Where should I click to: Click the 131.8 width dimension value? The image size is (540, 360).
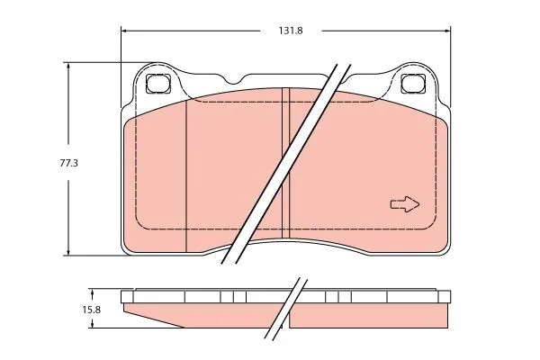pyautogui.click(x=291, y=31)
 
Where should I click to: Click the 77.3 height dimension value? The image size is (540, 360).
pyautogui.click(x=69, y=163)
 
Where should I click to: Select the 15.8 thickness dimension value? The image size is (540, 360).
pyautogui.click(x=91, y=310)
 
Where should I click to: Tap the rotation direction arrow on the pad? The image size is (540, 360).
pyautogui.click(x=405, y=204)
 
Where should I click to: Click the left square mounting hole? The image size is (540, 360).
pyautogui.click(x=158, y=84)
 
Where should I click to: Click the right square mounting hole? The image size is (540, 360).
pyautogui.click(x=413, y=84)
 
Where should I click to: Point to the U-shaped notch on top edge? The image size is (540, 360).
pyautogui.click(x=234, y=80)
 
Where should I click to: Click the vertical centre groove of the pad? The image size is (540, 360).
pyautogui.click(x=286, y=163)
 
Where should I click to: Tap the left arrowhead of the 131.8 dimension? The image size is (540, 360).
pyautogui.click(x=125, y=31)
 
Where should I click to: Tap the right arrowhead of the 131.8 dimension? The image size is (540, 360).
pyautogui.click(x=447, y=31)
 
